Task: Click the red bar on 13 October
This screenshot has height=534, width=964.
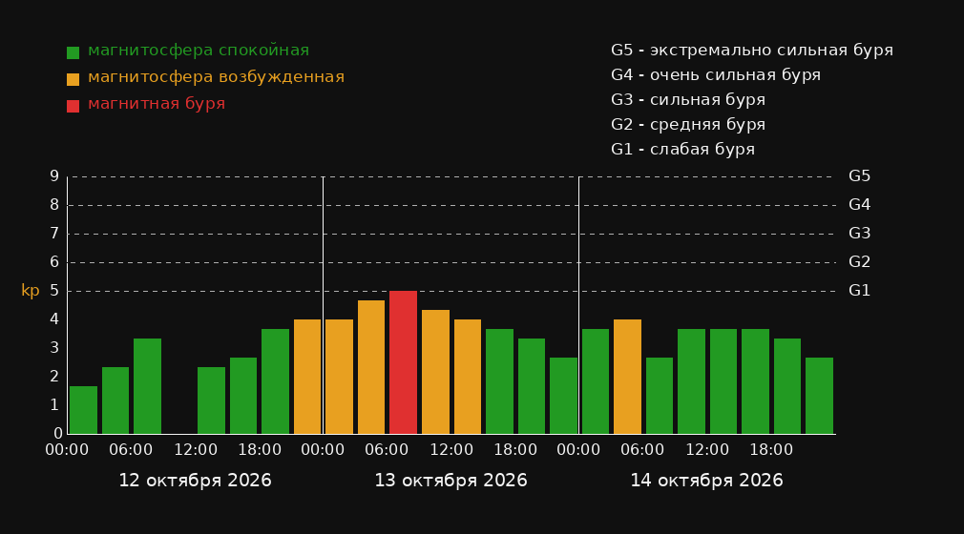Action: [x=404, y=362]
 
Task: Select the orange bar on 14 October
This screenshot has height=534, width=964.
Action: [x=627, y=377]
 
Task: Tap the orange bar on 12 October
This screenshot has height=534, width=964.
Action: [x=307, y=377]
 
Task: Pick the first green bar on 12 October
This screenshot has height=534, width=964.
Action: [x=84, y=410]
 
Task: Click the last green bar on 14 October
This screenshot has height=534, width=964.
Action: [x=819, y=396]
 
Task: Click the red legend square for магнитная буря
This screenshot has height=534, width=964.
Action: [x=73, y=106]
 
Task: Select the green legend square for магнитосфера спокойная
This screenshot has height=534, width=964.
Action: [x=73, y=52]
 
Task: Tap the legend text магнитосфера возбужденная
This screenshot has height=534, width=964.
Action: [x=217, y=77]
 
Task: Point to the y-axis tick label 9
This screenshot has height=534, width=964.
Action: [x=54, y=176]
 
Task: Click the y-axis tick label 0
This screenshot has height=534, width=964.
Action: [x=58, y=434]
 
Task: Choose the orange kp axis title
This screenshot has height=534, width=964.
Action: [x=31, y=291]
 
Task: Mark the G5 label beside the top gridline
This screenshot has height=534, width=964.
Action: [x=859, y=176]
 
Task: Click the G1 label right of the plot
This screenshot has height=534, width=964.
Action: [x=859, y=291]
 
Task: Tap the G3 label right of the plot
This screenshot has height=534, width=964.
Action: [x=859, y=234]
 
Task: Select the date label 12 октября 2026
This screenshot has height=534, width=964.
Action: [x=195, y=481]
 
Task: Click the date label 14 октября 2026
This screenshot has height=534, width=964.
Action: [x=706, y=481]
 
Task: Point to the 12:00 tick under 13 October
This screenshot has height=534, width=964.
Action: [x=451, y=450]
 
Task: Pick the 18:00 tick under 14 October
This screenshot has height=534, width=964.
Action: [x=771, y=450]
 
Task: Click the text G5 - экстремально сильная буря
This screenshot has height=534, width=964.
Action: [x=752, y=51]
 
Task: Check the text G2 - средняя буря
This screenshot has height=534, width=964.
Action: [x=688, y=125]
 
